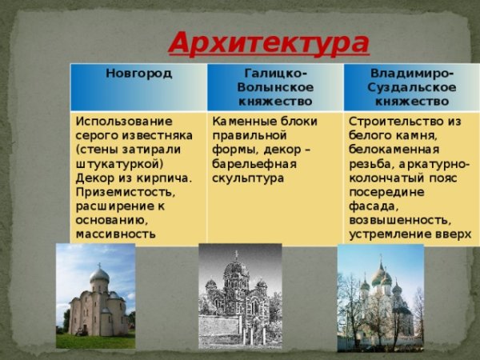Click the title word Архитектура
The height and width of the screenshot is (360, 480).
[269, 42]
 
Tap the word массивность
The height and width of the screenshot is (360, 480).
[115, 234]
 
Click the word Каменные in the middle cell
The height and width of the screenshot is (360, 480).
[240, 121]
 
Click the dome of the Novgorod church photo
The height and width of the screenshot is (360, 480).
[99, 276]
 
